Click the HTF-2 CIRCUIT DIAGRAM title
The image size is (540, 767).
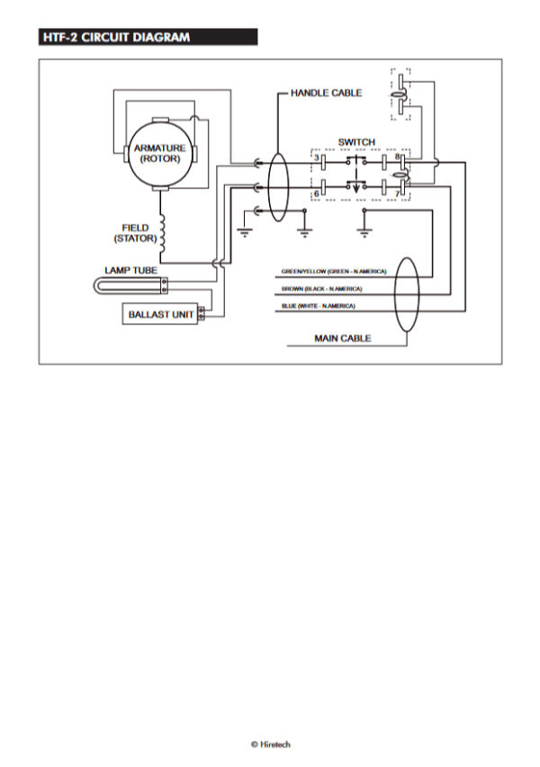click(116, 37)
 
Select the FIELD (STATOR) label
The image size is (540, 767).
click(136, 233)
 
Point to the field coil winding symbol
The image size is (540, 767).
click(162, 234)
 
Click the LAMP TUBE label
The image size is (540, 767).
click(131, 270)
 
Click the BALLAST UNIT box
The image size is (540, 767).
click(160, 314)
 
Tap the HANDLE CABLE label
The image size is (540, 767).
click(326, 93)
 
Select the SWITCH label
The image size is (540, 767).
click(356, 142)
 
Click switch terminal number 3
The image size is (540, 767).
click(317, 158)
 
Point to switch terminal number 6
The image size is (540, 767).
click(317, 194)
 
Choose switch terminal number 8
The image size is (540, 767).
click(397, 157)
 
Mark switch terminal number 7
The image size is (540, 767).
click(397, 194)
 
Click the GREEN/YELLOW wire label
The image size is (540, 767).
click(334, 272)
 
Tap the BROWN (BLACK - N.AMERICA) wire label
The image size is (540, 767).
click(321, 289)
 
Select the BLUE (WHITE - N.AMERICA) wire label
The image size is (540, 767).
click(318, 306)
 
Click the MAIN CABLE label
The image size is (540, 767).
click(342, 338)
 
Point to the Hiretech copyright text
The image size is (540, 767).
click(271, 744)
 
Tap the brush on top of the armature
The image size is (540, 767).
click(160, 120)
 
